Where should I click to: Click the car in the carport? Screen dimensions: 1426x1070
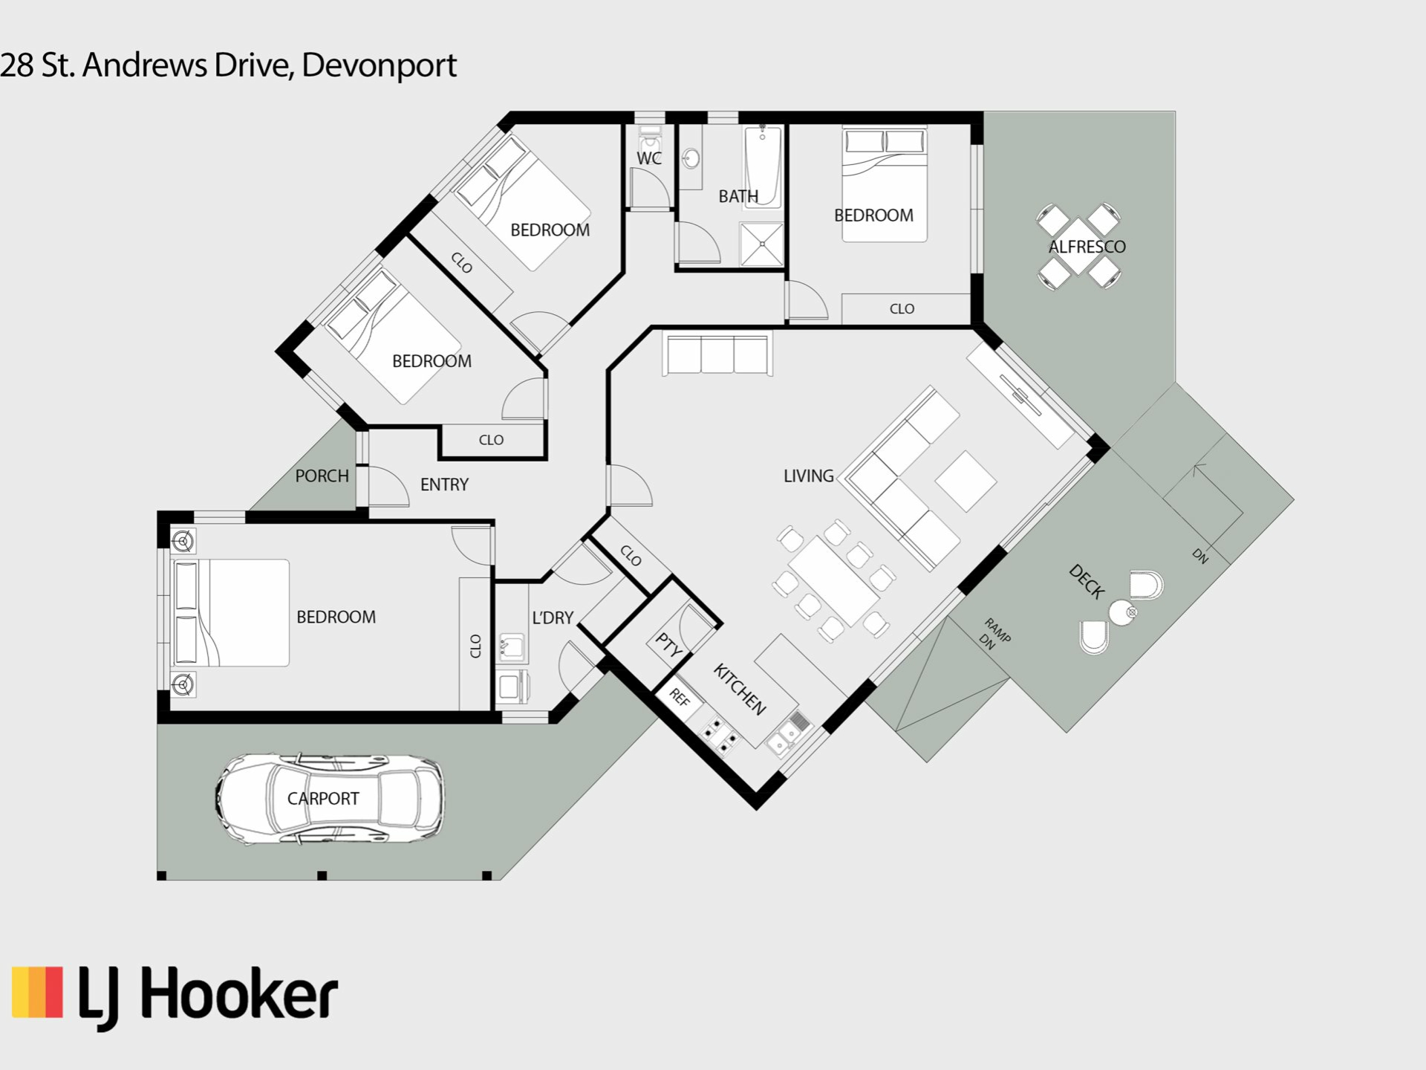(x=330, y=799)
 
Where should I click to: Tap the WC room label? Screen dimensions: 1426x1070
(x=649, y=158)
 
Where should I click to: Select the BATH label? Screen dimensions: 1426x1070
(x=738, y=196)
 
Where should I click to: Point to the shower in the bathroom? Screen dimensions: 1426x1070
(x=761, y=244)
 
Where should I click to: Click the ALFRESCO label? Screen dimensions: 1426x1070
(x=1087, y=247)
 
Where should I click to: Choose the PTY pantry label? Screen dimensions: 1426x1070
(x=668, y=646)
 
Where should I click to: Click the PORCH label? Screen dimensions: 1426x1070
(x=322, y=476)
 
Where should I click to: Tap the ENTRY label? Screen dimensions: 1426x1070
(x=444, y=484)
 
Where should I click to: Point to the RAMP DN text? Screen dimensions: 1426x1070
(x=994, y=634)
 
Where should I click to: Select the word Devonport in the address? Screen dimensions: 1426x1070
(x=379, y=65)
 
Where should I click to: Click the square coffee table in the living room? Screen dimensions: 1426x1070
(x=966, y=481)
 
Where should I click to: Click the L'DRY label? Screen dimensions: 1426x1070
(x=553, y=617)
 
